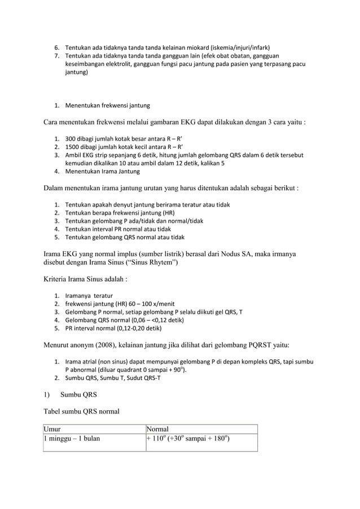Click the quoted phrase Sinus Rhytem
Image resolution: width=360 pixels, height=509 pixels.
point(150,263)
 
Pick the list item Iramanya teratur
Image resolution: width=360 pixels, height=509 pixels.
point(89,296)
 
